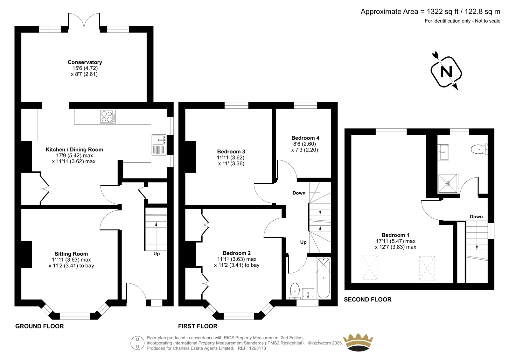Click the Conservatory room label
(x=85, y=62)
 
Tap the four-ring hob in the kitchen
(x=108, y=117)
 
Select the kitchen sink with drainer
(x=159, y=145)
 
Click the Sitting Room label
(x=71, y=254)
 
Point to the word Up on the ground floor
(x=157, y=254)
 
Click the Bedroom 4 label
(x=305, y=138)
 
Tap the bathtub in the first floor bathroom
(x=323, y=278)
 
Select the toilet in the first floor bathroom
(x=295, y=291)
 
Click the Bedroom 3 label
(x=231, y=152)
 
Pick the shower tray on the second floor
(x=448, y=183)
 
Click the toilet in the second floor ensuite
(x=479, y=149)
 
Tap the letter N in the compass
(x=446, y=72)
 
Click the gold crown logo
(x=358, y=342)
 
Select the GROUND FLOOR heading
(x=39, y=326)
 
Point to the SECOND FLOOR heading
(x=368, y=300)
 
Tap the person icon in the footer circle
(x=137, y=343)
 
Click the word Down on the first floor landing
(x=299, y=193)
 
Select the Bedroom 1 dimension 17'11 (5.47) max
(x=396, y=241)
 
